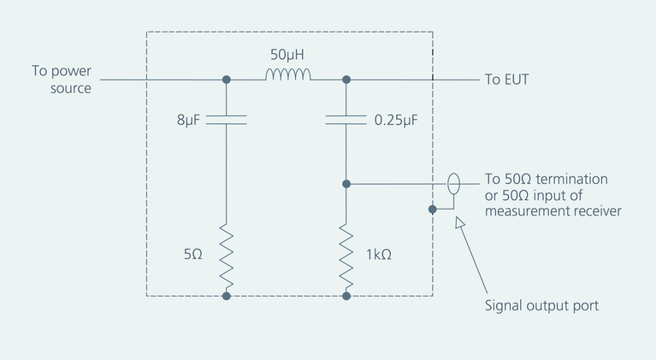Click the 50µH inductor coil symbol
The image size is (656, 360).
coord(287,77)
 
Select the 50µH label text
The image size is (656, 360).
coord(288,55)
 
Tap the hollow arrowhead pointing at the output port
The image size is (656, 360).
coord(459,223)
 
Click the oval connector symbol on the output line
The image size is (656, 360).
coord(454,183)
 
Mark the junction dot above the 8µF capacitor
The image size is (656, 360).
coord(227,80)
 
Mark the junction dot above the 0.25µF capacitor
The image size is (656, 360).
coord(346,80)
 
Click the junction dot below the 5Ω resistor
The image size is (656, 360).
coord(227,296)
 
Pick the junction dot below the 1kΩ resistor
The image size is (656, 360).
coord(346,296)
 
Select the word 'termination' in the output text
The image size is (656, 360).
coord(569,180)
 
